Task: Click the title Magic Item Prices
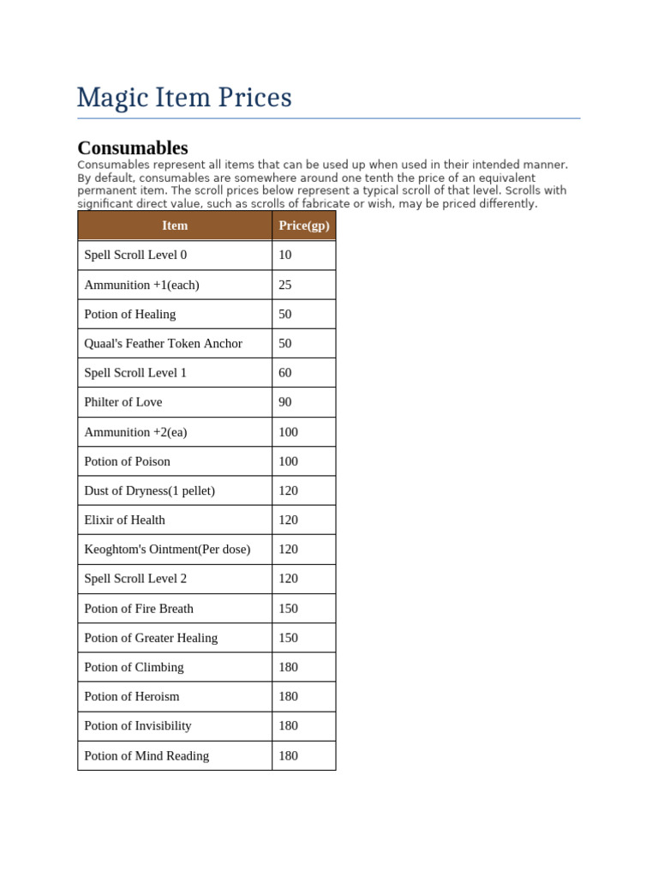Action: (184, 98)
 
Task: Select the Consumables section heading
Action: (133, 147)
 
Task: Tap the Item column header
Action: (175, 226)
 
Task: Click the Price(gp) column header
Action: (303, 226)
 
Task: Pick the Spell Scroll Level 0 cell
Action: (135, 255)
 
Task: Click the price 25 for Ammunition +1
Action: (285, 285)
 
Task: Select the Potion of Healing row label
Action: (130, 314)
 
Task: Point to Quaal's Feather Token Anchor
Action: (163, 343)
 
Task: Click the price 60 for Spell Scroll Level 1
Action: (285, 373)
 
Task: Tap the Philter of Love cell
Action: (123, 402)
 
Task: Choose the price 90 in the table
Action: (285, 402)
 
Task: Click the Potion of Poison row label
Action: (127, 461)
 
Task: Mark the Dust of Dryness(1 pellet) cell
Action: (150, 490)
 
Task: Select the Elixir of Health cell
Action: (125, 520)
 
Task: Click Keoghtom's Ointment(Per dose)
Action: (167, 549)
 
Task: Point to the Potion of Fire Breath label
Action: (139, 608)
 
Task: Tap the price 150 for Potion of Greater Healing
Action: (289, 638)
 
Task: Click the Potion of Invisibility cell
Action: (138, 725)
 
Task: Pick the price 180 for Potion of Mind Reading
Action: (289, 755)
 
